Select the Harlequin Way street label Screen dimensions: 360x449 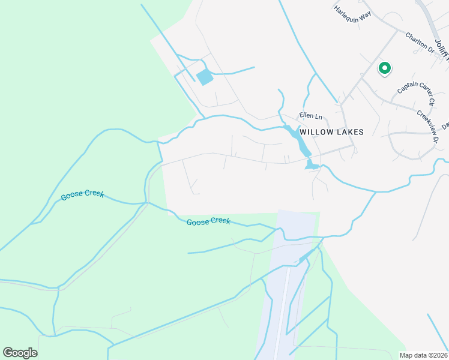(x=353, y=13)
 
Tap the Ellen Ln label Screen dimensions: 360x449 (x=311, y=116)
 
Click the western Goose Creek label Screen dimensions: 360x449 (x=82, y=196)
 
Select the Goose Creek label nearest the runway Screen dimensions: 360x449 (x=208, y=221)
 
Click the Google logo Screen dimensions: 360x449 (x=20, y=353)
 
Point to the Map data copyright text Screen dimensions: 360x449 (x=423, y=355)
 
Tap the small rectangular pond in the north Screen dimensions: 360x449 (x=205, y=77)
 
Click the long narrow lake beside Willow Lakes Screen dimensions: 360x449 (x=298, y=139)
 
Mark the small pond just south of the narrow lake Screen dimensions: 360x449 (x=312, y=164)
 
